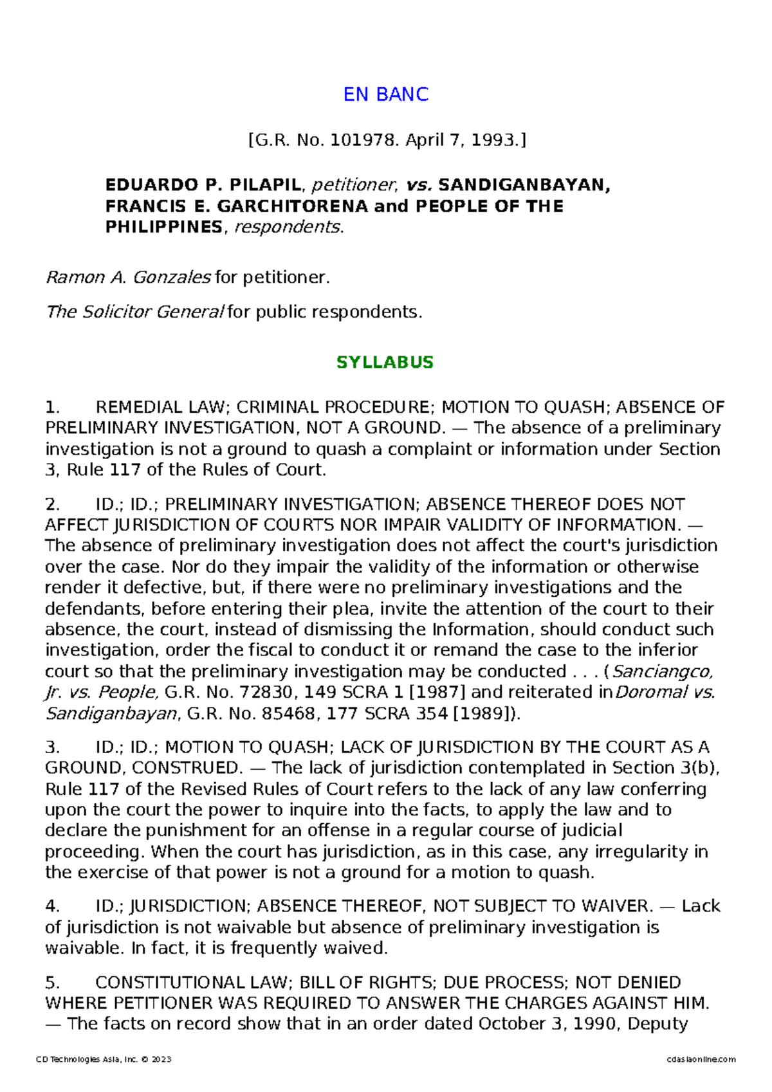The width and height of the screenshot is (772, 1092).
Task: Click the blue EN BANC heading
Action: pos(385,95)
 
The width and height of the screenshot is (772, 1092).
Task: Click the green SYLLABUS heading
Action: pos(385,362)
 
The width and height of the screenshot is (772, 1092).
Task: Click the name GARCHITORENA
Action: pos(293,206)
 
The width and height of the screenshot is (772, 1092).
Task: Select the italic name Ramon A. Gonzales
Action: pos(128,277)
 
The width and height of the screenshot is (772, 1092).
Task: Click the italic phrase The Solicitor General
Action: pos(134,312)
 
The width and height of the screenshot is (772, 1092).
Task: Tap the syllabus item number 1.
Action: pos(52,407)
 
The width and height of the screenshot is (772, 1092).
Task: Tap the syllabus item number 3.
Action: pos(52,747)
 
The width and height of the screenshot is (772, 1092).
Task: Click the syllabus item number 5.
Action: pos(52,983)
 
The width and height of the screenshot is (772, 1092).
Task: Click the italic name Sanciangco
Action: pos(661,671)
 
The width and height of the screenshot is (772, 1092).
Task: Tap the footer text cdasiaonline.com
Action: pos(701,1059)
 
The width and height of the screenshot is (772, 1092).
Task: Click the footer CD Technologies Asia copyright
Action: pos(104,1059)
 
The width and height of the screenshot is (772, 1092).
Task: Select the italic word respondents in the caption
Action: pos(286,227)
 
